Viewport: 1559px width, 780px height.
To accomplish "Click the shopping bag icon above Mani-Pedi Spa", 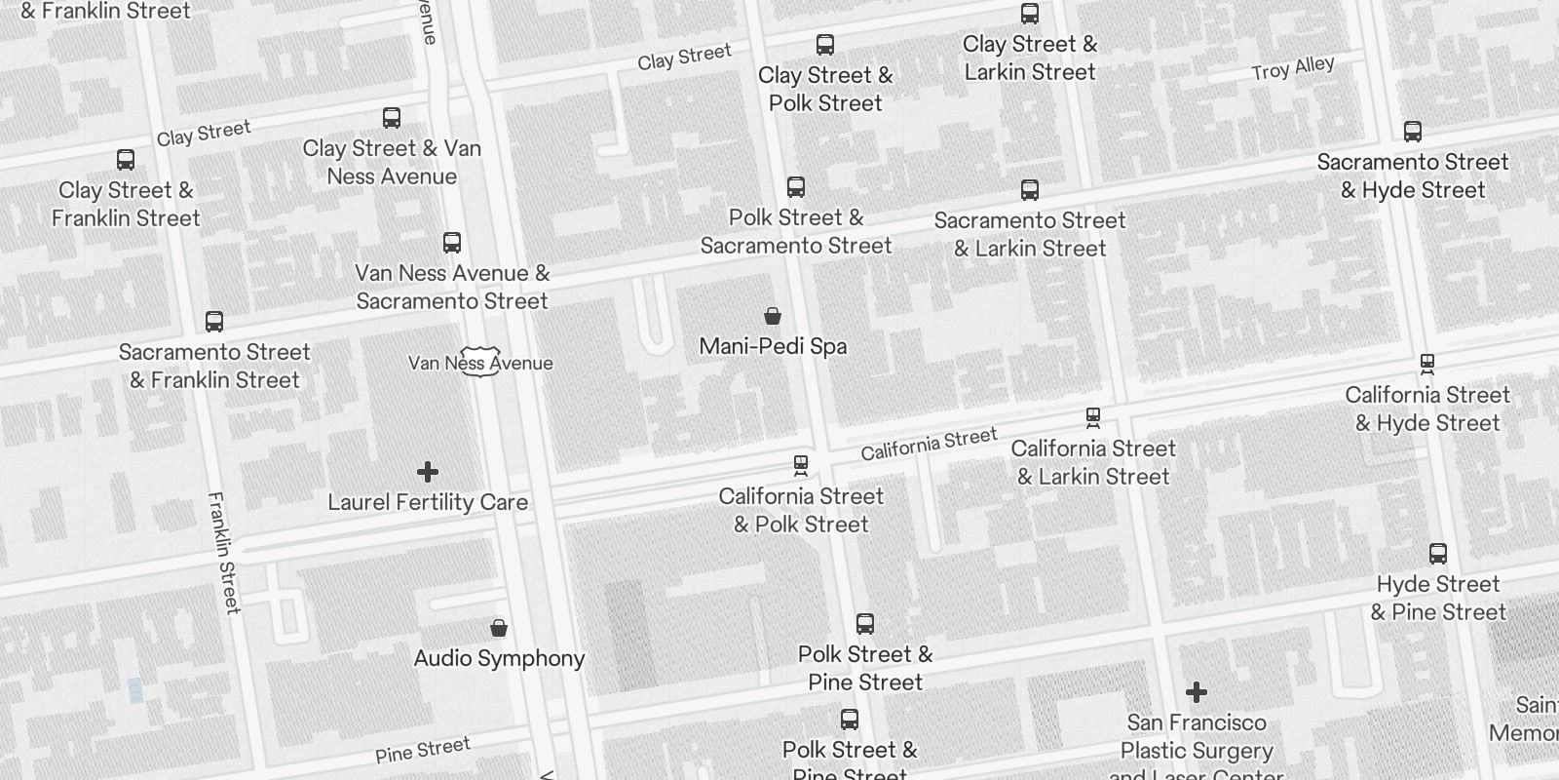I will tap(773, 316).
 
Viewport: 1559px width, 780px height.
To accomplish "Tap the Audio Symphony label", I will tap(499, 658).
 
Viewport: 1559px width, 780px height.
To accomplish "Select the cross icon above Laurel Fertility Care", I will tap(427, 472).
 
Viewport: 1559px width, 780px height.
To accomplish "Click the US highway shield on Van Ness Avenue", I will tap(480, 362).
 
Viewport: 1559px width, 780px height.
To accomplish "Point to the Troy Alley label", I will tap(1292, 68).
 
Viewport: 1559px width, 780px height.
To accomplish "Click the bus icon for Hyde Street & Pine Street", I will tap(1437, 554).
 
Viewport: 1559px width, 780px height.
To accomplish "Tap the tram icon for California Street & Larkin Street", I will tap(1093, 418).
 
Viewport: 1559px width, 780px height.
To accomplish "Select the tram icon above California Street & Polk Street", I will tap(801, 465).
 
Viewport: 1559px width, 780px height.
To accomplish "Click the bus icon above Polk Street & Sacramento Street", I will tap(796, 187).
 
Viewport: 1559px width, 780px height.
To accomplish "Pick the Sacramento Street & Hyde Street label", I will tap(1413, 175).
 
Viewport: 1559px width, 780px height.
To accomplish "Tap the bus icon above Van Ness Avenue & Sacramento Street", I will tap(452, 243).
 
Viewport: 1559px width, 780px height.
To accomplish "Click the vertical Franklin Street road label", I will tap(223, 552).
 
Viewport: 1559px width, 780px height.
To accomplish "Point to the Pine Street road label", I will tap(423, 750).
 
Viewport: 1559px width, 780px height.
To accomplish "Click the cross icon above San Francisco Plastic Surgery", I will tap(1196, 692).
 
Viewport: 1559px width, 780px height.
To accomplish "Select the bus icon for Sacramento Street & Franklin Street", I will tap(214, 322).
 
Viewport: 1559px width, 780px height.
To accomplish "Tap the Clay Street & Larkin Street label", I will tap(1030, 58).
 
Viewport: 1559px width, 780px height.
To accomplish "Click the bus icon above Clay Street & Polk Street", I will tap(825, 45).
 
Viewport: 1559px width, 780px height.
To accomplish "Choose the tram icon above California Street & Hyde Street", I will tap(1427, 365).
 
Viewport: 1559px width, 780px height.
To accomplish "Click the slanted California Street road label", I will tap(929, 443).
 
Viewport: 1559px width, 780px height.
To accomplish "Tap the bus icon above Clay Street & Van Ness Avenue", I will tap(392, 118).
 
